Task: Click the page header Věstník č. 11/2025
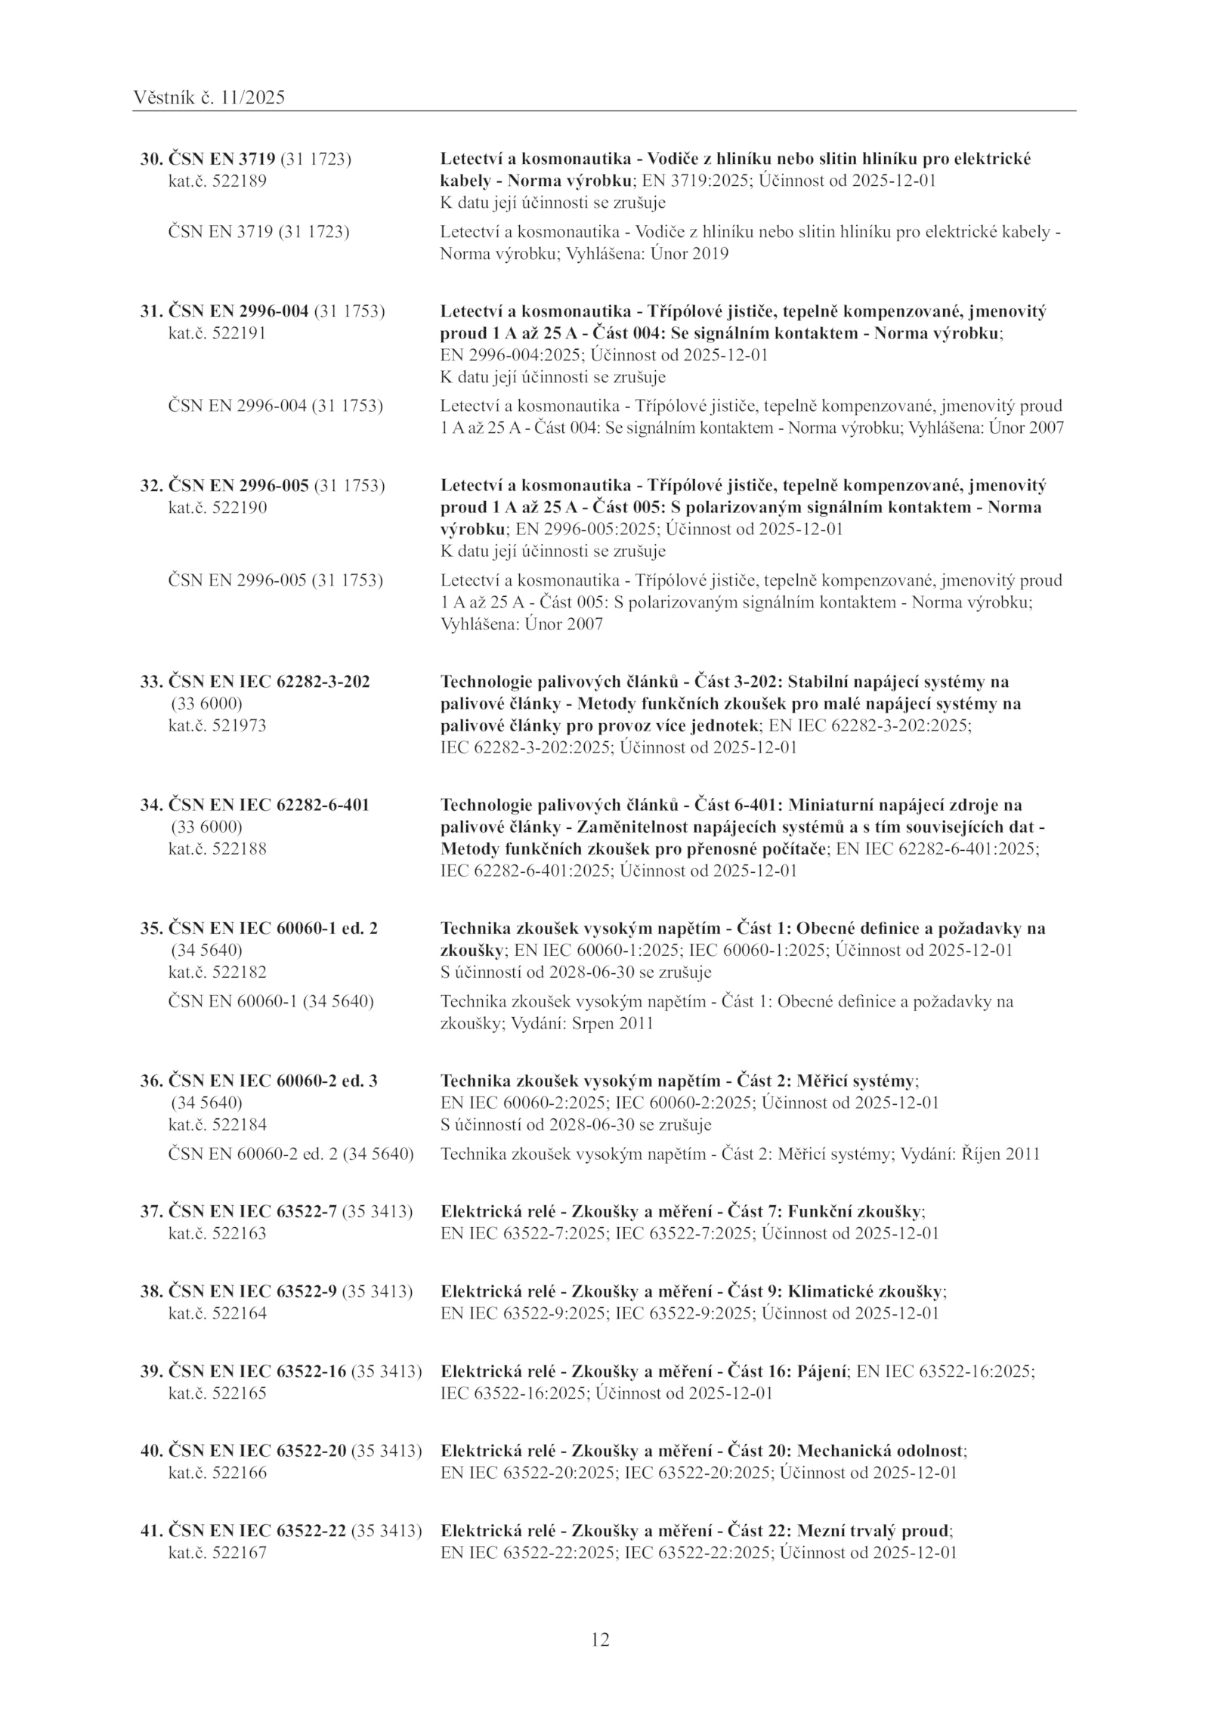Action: click(209, 97)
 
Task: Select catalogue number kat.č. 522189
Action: click(217, 181)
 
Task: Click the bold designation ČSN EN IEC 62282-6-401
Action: click(268, 805)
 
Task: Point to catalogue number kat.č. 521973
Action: click(217, 725)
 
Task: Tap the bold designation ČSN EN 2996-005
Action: click(238, 485)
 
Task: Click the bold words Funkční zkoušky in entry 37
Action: click(855, 1211)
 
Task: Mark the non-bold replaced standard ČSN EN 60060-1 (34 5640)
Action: click(271, 1001)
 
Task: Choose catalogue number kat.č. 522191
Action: click(217, 333)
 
